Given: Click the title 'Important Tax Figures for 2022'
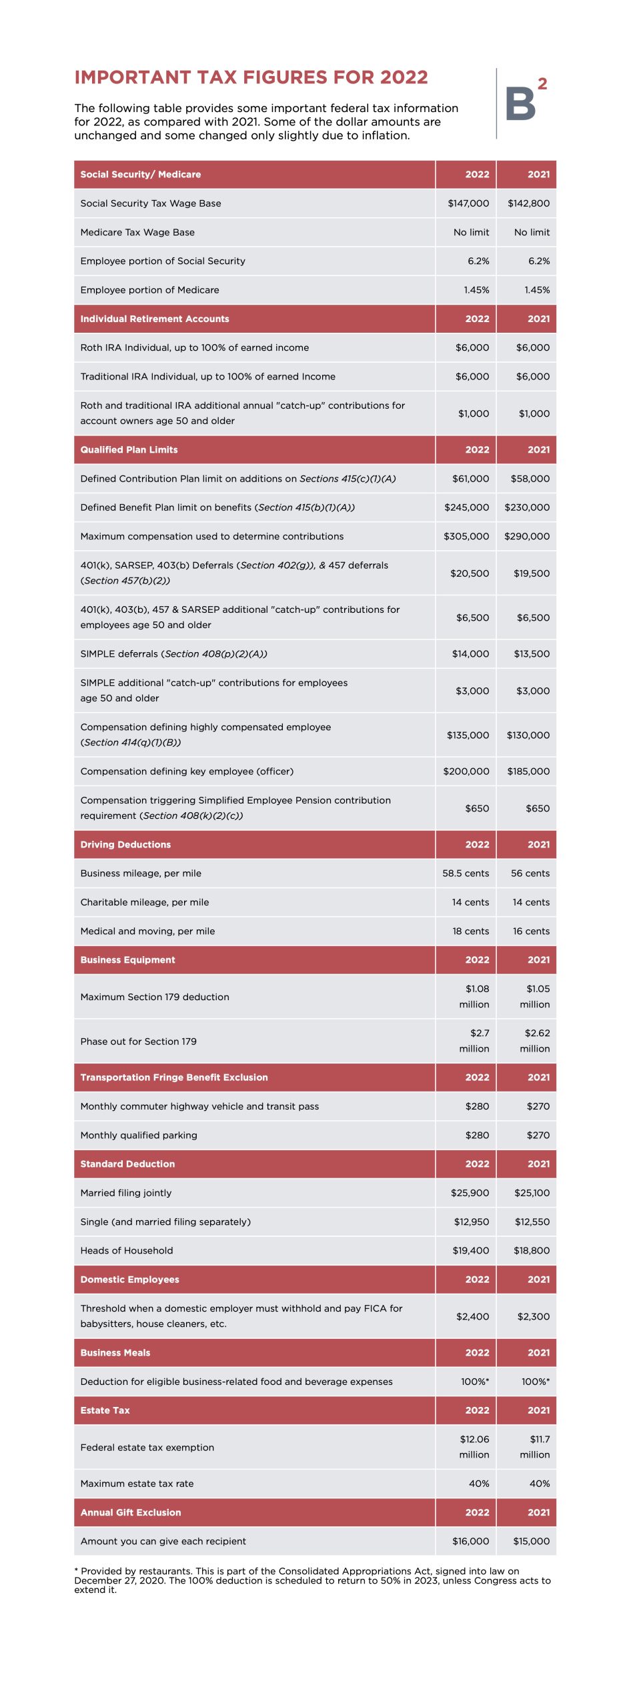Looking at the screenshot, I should pos(251,77).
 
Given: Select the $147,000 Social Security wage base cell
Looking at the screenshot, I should pos(468,203).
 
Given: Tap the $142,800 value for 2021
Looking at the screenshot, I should pos(528,203).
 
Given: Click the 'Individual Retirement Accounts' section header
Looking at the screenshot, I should pos(155,319).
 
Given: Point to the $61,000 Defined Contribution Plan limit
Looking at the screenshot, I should pos(470,479).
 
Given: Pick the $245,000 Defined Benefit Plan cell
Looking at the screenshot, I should pos(466,507).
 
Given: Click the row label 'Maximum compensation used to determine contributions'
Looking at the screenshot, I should pos(212,536).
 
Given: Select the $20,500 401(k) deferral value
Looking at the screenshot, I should pos(470,573).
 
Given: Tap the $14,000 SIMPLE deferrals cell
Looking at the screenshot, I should pos(470,654).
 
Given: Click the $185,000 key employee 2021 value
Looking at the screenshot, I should pos(528,771).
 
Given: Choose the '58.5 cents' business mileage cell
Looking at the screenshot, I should pos(466,874).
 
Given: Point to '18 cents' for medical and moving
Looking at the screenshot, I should pos(470,932).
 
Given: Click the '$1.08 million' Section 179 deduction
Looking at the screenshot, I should pos(474,997).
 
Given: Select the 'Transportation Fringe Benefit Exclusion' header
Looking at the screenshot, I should pos(174,1078).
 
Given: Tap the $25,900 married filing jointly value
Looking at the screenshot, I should pos(470,1193).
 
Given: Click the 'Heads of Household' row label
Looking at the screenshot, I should pos(127,1251).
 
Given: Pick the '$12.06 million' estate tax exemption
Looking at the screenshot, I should pos(474,1447).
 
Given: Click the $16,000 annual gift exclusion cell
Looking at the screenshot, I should pos(470,1541).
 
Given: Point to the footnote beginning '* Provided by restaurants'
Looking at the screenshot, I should pos(312,1580).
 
